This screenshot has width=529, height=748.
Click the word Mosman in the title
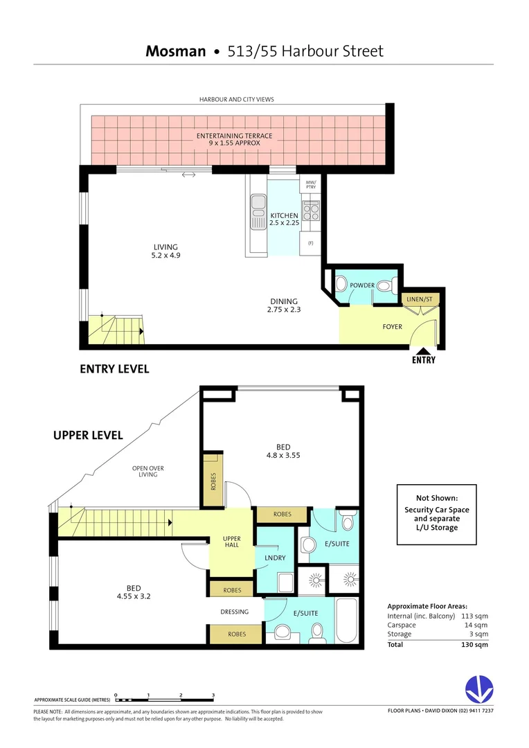tap(176, 51)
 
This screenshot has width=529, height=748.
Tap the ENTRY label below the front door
tap(423, 360)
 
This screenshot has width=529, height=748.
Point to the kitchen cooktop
tap(311, 210)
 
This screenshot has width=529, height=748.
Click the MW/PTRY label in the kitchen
tap(310, 185)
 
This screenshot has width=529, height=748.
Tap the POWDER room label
tap(362, 285)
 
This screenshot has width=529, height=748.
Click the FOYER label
tap(392, 326)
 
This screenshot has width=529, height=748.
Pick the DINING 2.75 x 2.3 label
tap(284, 305)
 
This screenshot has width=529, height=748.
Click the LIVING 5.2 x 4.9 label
tap(165, 251)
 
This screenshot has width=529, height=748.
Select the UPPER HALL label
tap(231, 542)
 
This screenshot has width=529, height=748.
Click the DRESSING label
tap(235, 612)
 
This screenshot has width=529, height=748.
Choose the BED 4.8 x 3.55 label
tap(283, 451)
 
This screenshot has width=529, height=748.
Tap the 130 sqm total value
tap(476, 644)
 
